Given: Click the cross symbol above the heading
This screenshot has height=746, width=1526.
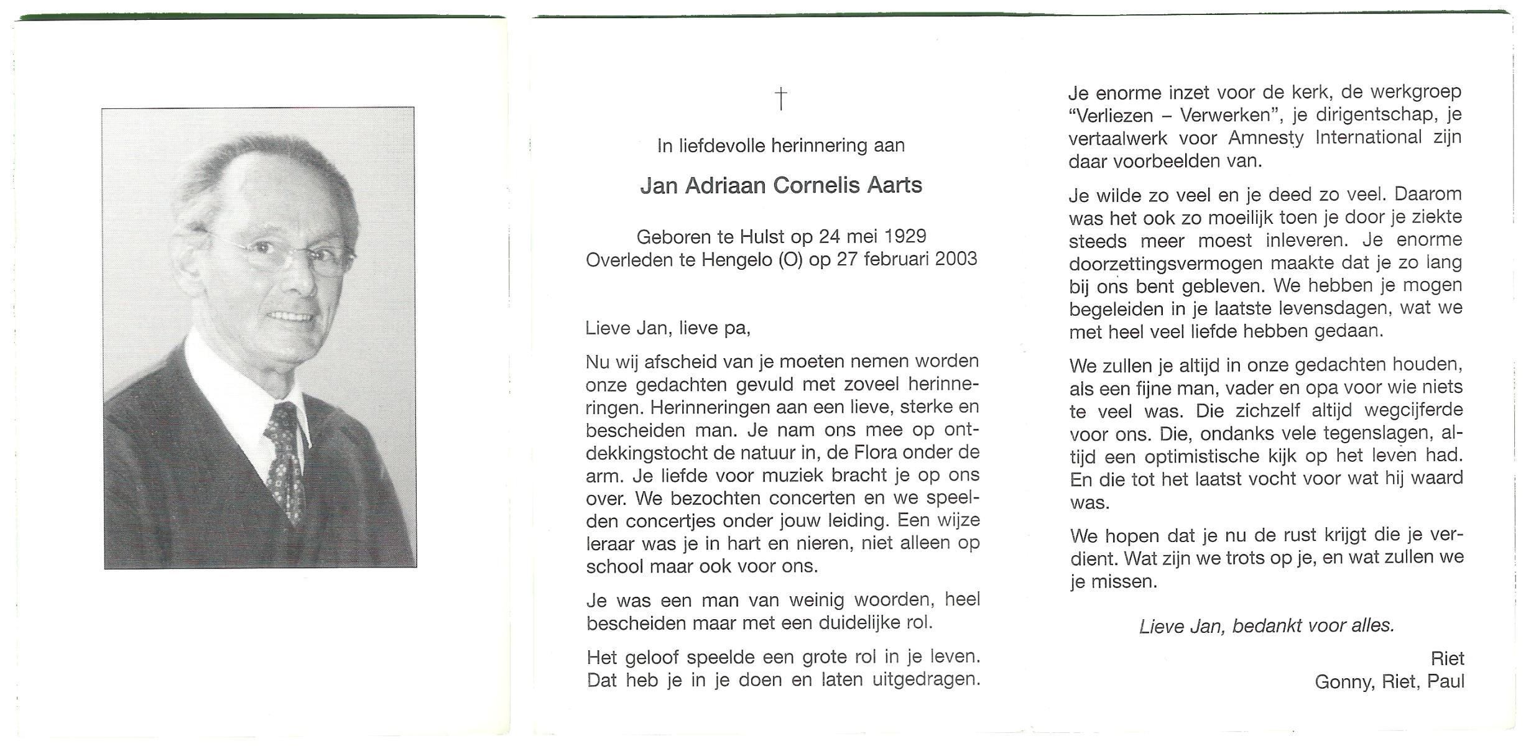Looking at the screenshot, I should coord(780,99).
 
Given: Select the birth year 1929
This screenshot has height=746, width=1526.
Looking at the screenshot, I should coord(905,236).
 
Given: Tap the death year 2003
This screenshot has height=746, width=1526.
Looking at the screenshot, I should coord(956,259).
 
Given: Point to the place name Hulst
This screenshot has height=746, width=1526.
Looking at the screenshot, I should coord(762,236).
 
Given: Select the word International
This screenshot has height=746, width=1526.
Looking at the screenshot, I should coord(1369,137).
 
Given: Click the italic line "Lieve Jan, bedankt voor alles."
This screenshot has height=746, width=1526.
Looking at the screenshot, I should coord(1266,626).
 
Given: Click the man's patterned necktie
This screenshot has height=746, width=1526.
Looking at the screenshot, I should coord(285,460).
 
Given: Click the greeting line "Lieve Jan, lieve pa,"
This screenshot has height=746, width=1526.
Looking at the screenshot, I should coord(668,328).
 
